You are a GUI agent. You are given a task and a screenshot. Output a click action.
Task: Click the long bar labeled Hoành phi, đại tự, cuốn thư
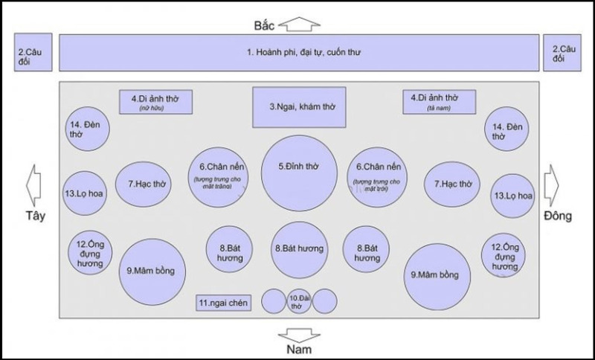[297, 53]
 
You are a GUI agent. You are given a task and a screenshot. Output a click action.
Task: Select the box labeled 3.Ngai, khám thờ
[297, 107]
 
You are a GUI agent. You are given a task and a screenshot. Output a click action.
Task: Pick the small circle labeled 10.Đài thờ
[298, 302]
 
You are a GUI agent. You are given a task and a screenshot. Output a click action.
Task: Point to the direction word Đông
[557, 217]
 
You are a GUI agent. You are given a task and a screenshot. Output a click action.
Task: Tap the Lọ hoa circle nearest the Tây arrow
[83, 194]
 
